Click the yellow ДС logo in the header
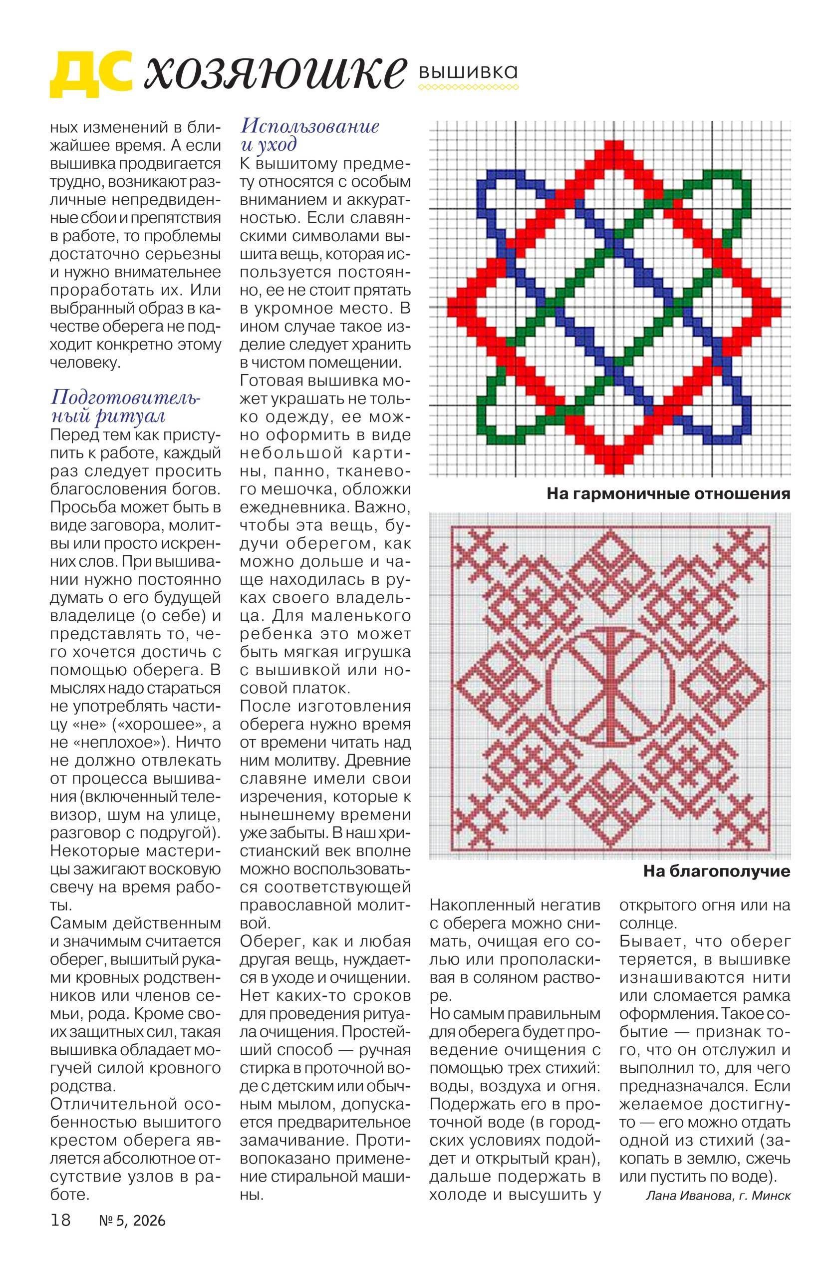coord(91,74)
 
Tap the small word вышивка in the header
coord(468,72)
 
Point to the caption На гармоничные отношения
coord(668,493)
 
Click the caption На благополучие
coord(716,871)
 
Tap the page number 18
coord(60,1251)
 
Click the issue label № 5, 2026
coord(132,1251)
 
